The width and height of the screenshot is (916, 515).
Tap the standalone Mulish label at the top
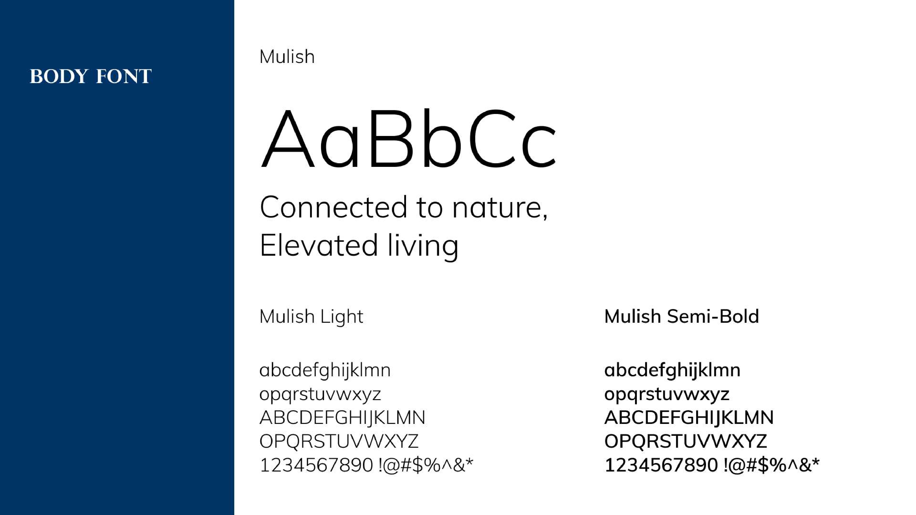click(287, 57)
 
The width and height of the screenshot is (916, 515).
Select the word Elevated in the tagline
click(319, 245)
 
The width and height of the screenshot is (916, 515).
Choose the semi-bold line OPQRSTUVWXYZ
click(686, 441)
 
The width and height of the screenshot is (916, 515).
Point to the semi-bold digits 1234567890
click(661, 465)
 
